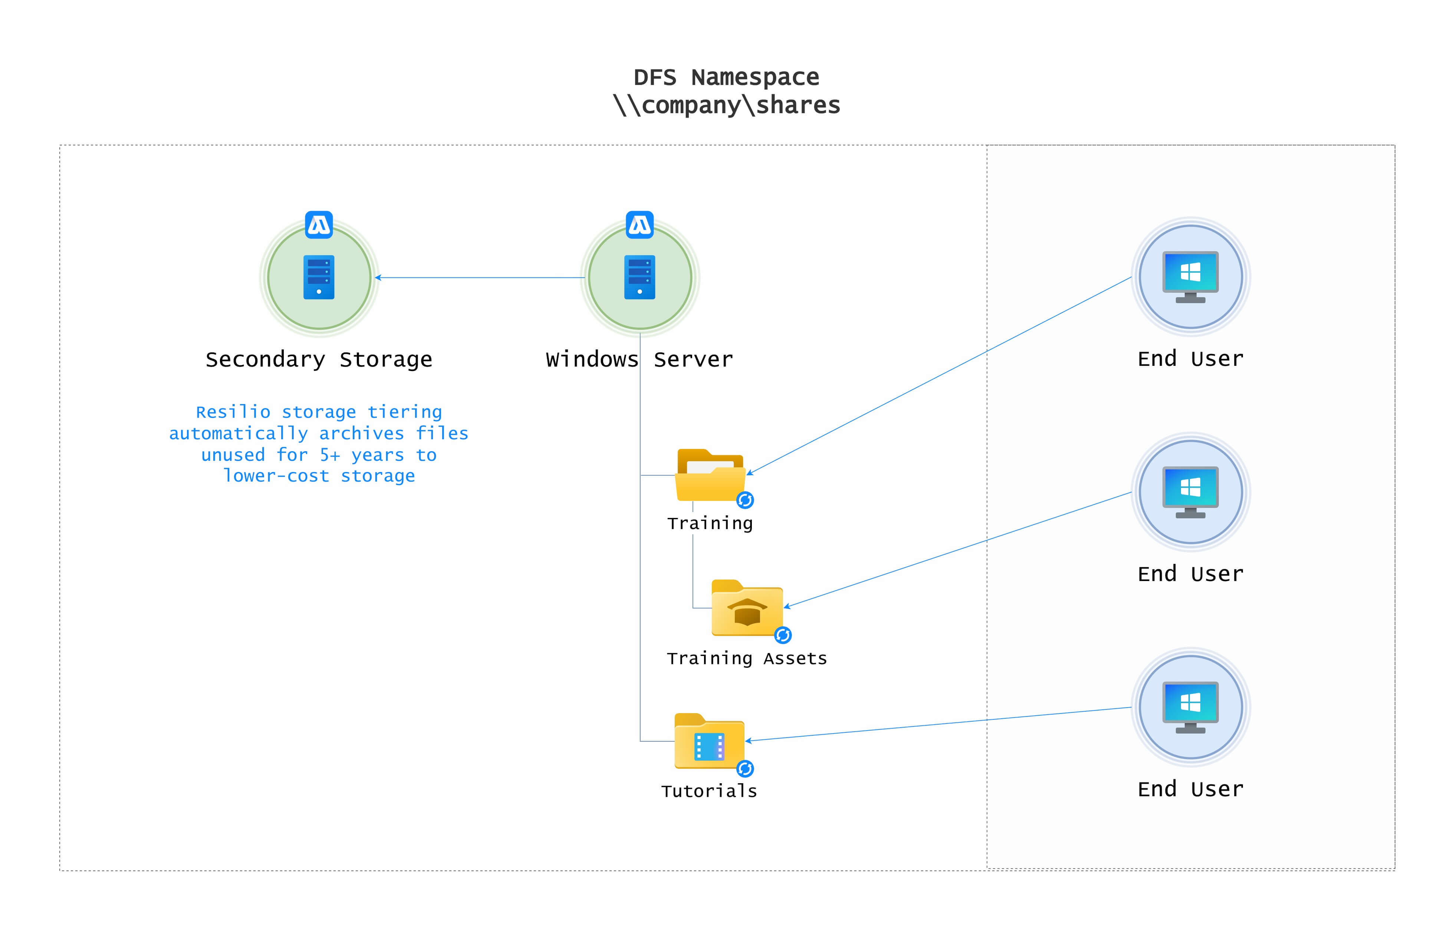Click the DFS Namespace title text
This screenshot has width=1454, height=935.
pyautogui.click(x=726, y=78)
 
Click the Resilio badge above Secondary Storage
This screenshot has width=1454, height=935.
pyautogui.click(x=319, y=224)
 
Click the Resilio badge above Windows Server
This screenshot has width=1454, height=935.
pyautogui.click(x=639, y=224)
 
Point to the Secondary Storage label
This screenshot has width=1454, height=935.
pyautogui.click(x=319, y=360)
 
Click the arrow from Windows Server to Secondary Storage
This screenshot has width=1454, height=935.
pyautogui.click(x=479, y=278)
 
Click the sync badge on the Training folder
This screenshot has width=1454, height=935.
pyautogui.click(x=745, y=500)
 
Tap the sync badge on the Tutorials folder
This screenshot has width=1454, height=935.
pyautogui.click(x=745, y=769)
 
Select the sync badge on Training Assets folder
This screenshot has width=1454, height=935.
pyautogui.click(x=783, y=635)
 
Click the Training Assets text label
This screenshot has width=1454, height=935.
pyautogui.click(x=746, y=659)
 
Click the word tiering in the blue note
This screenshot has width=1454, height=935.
pyautogui.click(x=404, y=412)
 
